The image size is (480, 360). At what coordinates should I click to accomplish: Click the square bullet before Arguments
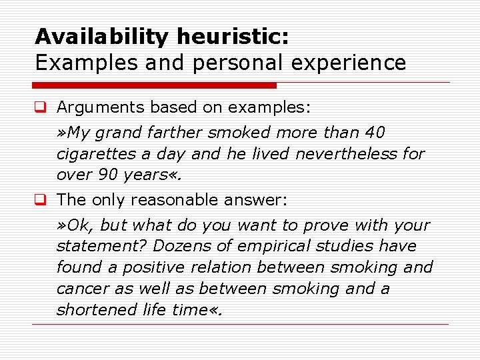pos(41,107)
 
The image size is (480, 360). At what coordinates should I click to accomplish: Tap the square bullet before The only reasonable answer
pos(41,199)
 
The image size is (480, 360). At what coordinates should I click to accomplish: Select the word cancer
pos(79,289)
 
